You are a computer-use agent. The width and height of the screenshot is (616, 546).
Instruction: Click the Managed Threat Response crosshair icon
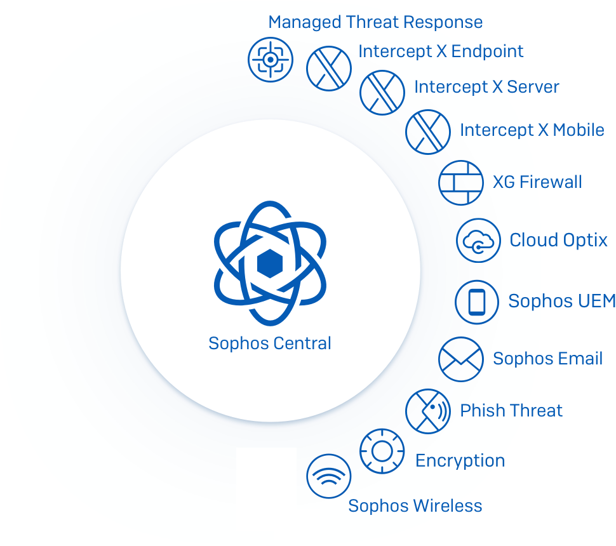click(x=271, y=60)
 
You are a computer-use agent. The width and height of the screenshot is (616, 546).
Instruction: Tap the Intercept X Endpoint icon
click(x=329, y=69)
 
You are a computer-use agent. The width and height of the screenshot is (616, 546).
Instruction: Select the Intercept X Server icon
click(x=382, y=93)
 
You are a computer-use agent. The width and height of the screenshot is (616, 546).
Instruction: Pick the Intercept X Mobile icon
click(x=428, y=132)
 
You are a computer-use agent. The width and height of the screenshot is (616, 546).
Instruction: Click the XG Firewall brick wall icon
click(x=461, y=183)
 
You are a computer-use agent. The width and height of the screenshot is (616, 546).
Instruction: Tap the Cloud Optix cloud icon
click(x=478, y=241)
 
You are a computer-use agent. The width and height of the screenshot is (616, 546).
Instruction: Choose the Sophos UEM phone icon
click(x=477, y=302)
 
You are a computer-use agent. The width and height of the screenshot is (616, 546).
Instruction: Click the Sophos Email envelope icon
click(x=461, y=359)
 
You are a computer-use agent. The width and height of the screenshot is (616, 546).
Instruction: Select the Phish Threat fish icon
click(x=428, y=411)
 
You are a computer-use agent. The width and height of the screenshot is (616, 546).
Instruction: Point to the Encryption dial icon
click(x=382, y=451)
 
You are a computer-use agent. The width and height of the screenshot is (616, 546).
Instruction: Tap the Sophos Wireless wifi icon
click(x=329, y=476)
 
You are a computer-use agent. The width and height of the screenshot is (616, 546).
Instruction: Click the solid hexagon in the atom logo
click(x=270, y=263)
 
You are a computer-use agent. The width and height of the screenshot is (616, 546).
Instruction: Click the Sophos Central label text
click(x=270, y=343)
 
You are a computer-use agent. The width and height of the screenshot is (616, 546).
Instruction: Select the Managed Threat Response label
click(x=375, y=22)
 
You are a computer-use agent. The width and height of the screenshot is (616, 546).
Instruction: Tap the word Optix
click(x=583, y=241)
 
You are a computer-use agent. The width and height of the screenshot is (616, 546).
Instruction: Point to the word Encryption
click(x=460, y=461)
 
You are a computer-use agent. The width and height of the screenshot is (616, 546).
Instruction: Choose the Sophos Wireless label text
click(x=415, y=506)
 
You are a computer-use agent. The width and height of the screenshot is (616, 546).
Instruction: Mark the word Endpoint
click(x=487, y=51)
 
